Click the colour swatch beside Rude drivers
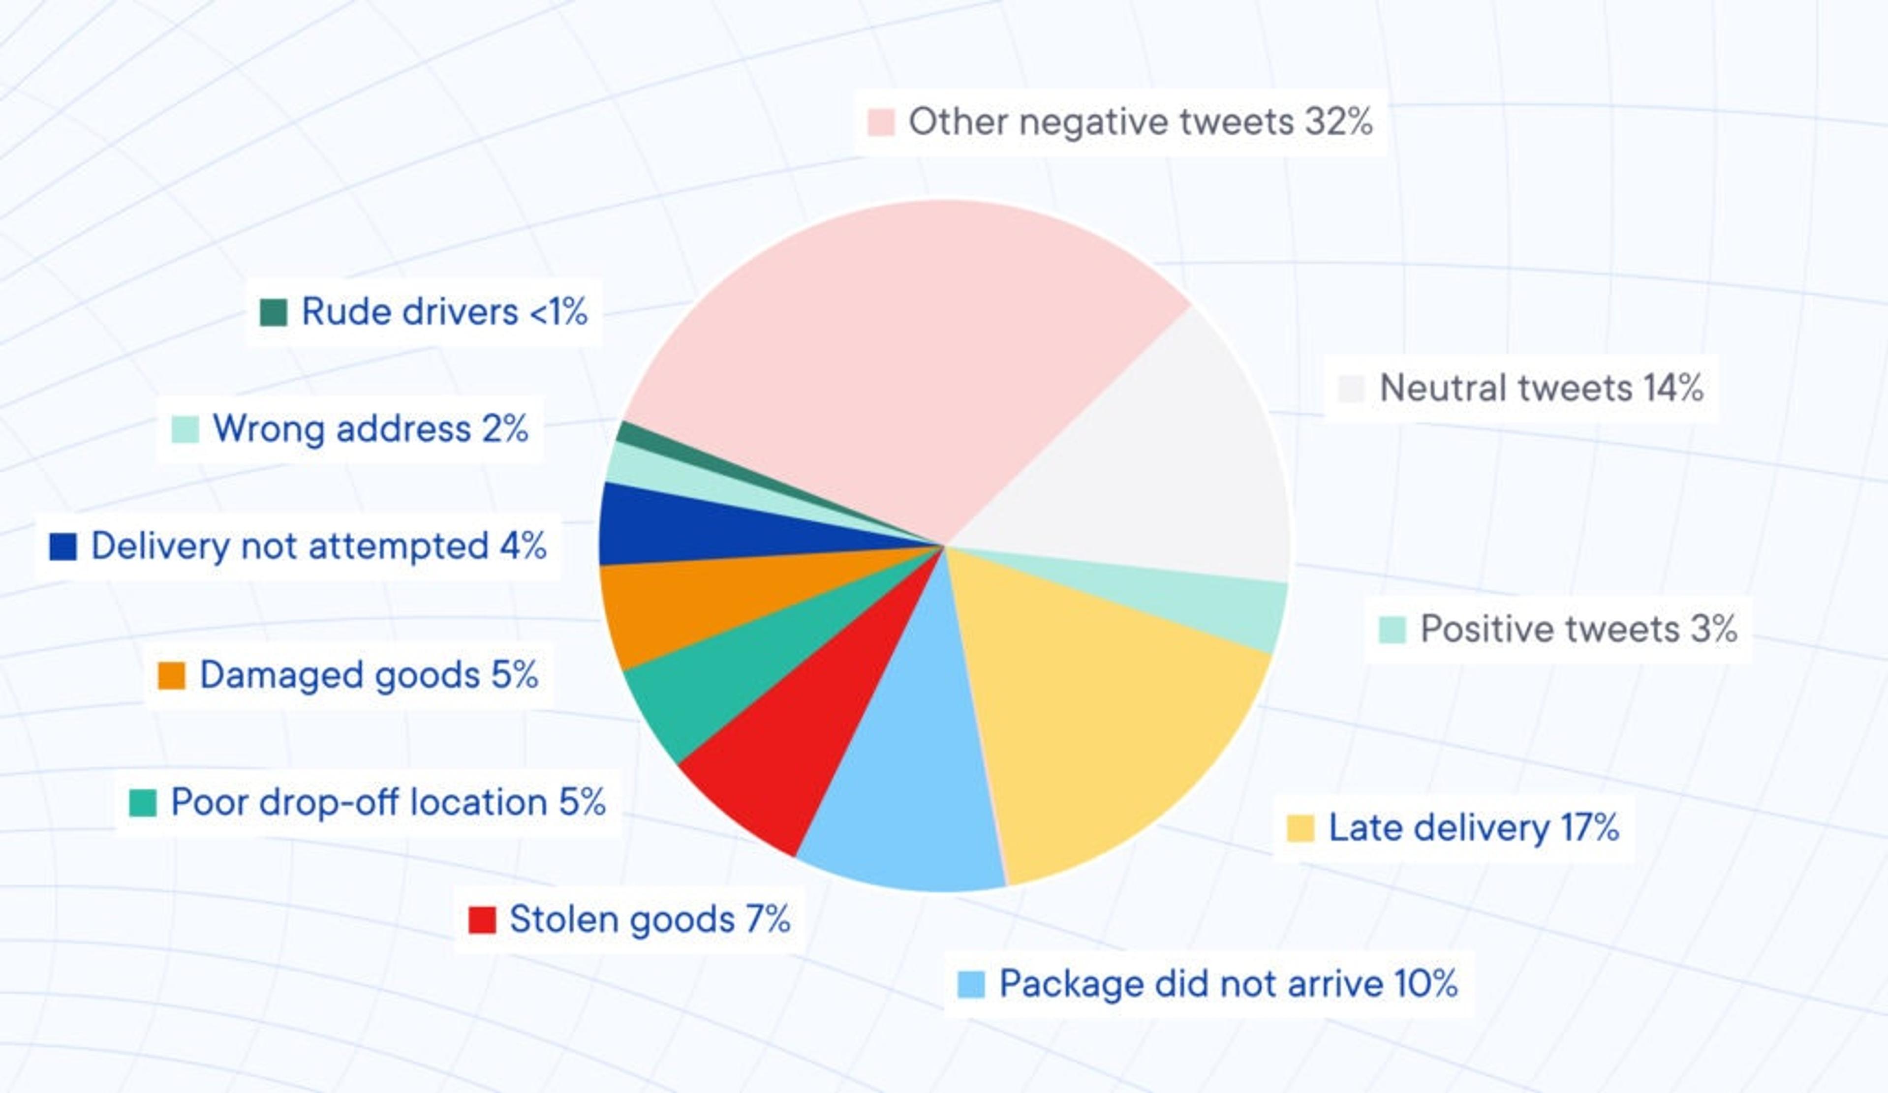(x=274, y=312)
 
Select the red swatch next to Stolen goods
(x=482, y=920)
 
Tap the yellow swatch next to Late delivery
(x=1300, y=828)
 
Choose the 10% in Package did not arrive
(x=1426, y=984)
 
